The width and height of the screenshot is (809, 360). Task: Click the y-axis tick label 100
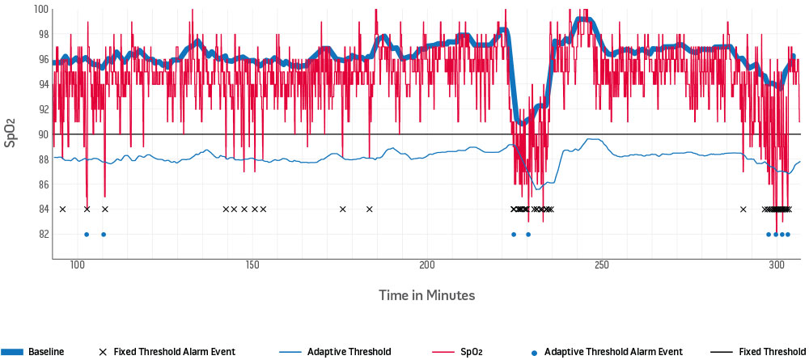[38, 10]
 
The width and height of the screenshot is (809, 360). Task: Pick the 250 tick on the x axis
[602, 265]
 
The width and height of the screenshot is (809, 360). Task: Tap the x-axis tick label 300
[777, 265]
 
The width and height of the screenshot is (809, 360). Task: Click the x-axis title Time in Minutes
[426, 295]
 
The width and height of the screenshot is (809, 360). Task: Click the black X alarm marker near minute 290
[743, 210]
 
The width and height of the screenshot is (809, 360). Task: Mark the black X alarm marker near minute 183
[369, 210]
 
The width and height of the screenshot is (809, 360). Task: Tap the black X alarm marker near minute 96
[62, 210]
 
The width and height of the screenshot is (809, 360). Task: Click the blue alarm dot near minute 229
[528, 235]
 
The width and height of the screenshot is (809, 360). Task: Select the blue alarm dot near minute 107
[104, 235]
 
